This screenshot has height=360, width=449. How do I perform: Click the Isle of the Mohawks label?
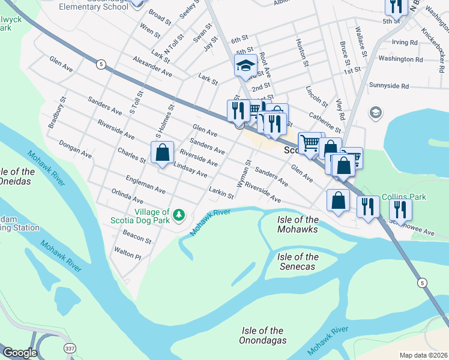(x=298, y=224)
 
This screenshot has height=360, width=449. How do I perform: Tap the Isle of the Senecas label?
(x=298, y=262)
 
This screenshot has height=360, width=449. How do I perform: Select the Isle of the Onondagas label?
(x=262, y=335)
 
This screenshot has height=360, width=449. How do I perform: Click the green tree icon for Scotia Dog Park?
(x=178, y=215)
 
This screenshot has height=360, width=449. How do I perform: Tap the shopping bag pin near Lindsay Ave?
(x=162, y=153)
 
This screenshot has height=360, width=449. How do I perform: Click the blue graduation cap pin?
(x=246, y=65)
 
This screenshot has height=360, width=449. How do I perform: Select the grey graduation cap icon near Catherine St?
(x=375, y=112)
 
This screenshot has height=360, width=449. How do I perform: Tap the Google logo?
(x=20, y=353)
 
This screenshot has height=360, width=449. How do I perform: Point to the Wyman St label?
(x=243, y=175)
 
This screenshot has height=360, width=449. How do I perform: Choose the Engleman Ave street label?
(x=145, y=184)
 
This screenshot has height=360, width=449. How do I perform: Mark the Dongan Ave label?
(x=75, y=149)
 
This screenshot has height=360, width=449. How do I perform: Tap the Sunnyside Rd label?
(x=393, y=86)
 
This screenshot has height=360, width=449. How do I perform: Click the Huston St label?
(x=302, y=52)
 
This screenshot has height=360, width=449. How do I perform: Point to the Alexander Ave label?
(x=152, y=68)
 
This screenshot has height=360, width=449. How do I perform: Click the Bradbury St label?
(x=56, y=113)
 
